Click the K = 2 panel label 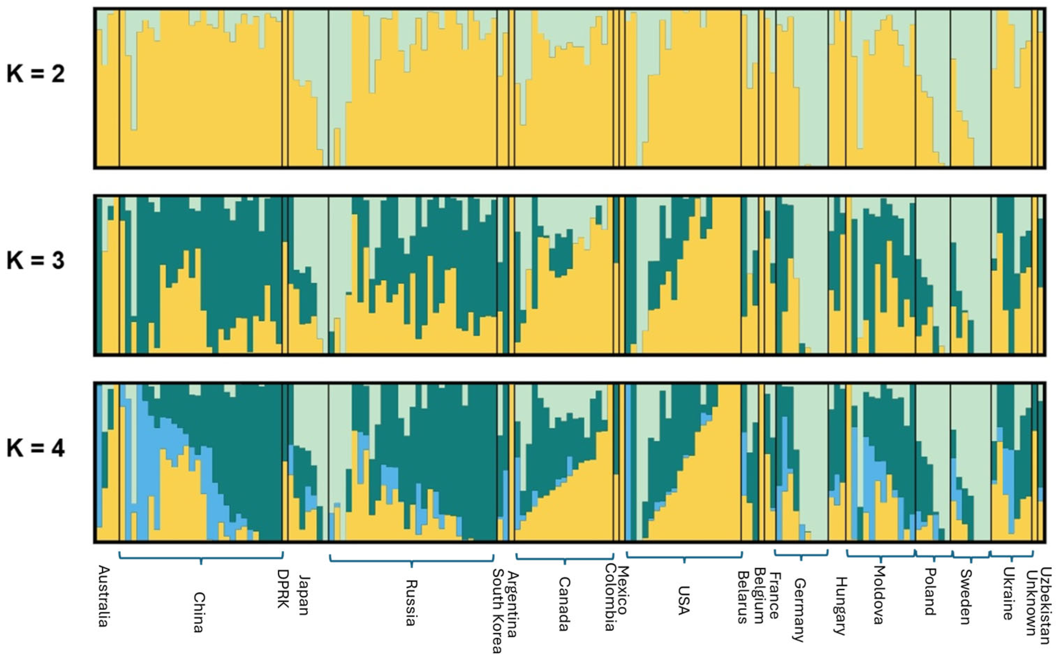[x=36, y=73]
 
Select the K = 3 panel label [x=36, y=261]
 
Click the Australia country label [x=103, y=596]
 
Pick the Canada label [x=564, y=605]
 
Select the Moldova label [x=879, y=595]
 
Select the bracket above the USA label [x=684, y=557]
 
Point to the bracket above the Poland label [x=934, y=557]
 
